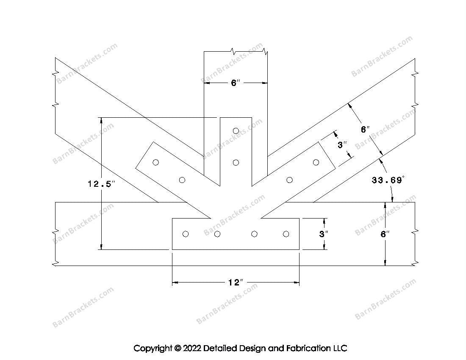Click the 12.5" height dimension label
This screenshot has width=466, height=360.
click(x=101, y=184)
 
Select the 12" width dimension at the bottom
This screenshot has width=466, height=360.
click(x=236, y=282)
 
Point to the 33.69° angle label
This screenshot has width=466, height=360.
click(x=388, y=180)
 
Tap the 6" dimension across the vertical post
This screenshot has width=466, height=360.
click(x=236, y=83)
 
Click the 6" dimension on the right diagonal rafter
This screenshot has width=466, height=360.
click(x=365, y=130)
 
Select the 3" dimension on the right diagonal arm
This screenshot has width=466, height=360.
click(x=342, y=145)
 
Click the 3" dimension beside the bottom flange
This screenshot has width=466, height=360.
click(x=324, y=234)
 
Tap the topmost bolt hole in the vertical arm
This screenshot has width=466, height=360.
click(x=236, y=131)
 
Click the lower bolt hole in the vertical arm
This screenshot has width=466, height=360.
click(x=236, y=163)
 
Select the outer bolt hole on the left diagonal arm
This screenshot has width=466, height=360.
click(x=156, y=162)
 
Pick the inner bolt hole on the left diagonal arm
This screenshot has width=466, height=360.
click(x=182, y=180)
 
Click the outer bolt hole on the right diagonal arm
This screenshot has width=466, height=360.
click(x=316, y=162)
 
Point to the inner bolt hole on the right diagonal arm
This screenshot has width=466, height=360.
click(x=289, y=180)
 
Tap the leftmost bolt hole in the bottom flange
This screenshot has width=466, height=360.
click(x=186, y=234)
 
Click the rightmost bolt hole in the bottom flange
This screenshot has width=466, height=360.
click(x=286, y=234)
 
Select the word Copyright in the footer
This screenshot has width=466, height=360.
click(x=153, y=348)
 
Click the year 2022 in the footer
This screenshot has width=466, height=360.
click(x=191, y=348)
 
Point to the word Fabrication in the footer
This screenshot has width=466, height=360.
click(x=308, y=348)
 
